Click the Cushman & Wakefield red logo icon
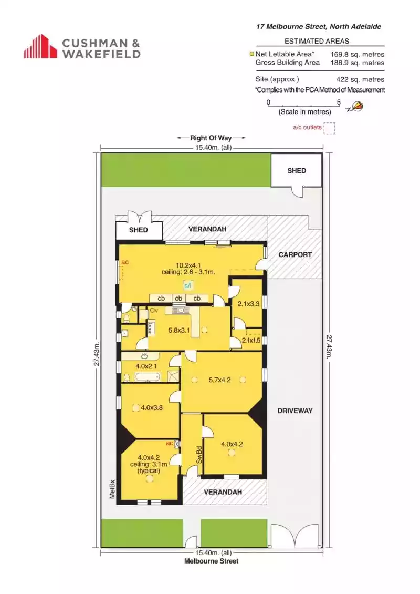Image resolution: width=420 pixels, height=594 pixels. [x=40, y=46]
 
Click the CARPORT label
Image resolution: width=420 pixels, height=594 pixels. [x=295, y=254]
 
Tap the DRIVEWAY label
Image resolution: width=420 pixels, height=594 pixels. [x=295, y=411]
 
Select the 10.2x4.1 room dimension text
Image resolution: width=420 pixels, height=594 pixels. [x=188, y=265]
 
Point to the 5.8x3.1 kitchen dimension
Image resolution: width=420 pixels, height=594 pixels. [x=179, y=330]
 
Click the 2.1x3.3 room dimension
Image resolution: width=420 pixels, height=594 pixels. [x=248, y=304]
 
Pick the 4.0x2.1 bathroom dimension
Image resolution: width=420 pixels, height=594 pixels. [x=146, y=366]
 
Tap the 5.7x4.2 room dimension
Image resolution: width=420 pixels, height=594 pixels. [x=219, y=380]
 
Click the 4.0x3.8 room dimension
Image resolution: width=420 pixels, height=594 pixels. [x=152, y=407]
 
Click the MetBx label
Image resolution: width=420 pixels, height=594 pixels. [x=112, y=489]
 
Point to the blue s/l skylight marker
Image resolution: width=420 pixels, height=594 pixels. [x=188, y=285]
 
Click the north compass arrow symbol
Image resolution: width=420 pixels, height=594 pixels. [x=355, y=107]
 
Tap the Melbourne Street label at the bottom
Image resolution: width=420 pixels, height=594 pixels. [x=211, y=561]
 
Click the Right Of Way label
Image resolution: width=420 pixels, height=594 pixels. [x=211, y=138]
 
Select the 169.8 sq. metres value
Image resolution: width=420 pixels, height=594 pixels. [x=357, y=54]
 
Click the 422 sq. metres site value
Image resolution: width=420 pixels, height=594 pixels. [x=360, y=79]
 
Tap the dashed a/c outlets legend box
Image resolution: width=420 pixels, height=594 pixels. [x=329, y=128]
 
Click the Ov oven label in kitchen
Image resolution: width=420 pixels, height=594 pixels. [x=154, y=310]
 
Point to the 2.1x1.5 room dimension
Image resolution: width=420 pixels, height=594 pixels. [x=251, y=340]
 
